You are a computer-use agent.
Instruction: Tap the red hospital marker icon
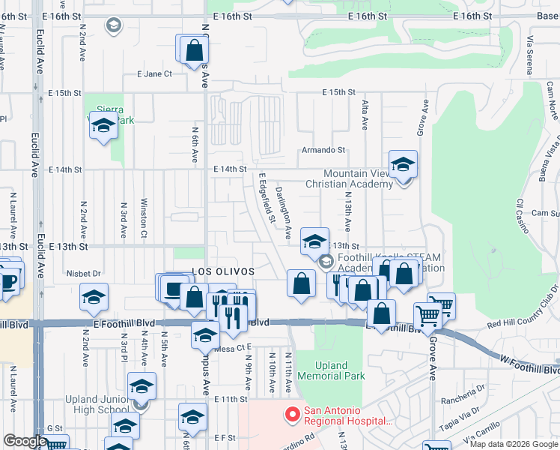pyautogui.click(x=291, y=412)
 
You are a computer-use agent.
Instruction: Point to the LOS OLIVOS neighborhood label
pyautogui.click(x=223, y=271)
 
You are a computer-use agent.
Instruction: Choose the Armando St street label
pyautogui.click(x=323, y=150)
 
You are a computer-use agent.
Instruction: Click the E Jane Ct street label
pyautogui.click(x=154, y=73)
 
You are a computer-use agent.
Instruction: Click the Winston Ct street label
pyautogui.click(x=143, y=217)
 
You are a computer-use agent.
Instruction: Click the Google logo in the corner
pyautogui.click(x=25, y=441)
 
